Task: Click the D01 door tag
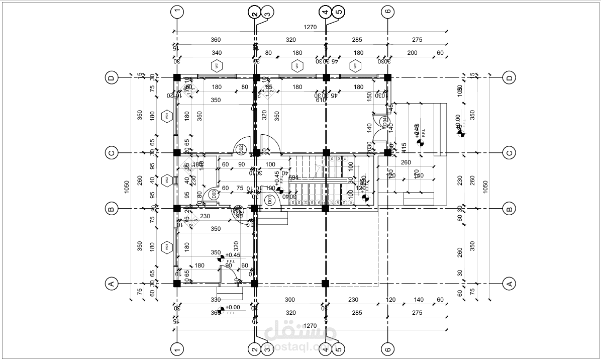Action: click(269, 201)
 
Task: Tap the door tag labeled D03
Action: click(214, 194)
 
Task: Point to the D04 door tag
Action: click(384, 121)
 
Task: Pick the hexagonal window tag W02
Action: click(166, 179)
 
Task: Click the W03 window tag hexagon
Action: click(166, 247)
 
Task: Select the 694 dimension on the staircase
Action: click(293, 177)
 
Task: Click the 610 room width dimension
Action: click(321, 100)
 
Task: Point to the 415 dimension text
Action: click(404, 148)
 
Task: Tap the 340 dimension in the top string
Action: click(216, 53)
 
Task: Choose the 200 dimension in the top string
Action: click(412, 53)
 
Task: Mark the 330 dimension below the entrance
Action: click(216, 300)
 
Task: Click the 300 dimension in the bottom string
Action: click(289, 300)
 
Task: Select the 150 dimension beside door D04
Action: click(369, 95)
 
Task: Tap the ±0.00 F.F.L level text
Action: click(232, 307)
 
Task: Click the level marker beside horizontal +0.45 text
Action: click(221, 258)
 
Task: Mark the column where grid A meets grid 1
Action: click(177, 284)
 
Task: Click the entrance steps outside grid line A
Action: click(230, 293)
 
